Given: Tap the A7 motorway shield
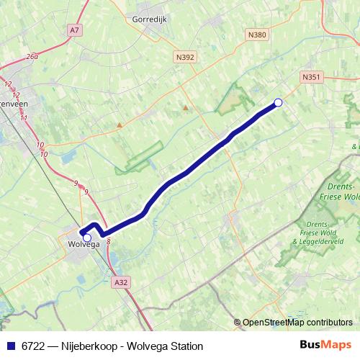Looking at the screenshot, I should [74, 30].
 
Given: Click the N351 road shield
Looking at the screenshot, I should [311, 76].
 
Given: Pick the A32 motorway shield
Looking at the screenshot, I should [121, 284].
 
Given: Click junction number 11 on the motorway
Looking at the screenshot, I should [24, 117].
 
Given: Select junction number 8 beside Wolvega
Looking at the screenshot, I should [108, 243].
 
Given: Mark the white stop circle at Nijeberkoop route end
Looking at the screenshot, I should [279, 103].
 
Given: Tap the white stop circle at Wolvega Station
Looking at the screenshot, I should [87, 237].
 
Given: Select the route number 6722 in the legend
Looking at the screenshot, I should [35, 346].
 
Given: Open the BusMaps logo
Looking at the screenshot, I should [325, 345].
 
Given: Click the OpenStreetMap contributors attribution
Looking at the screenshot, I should [297, 323].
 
